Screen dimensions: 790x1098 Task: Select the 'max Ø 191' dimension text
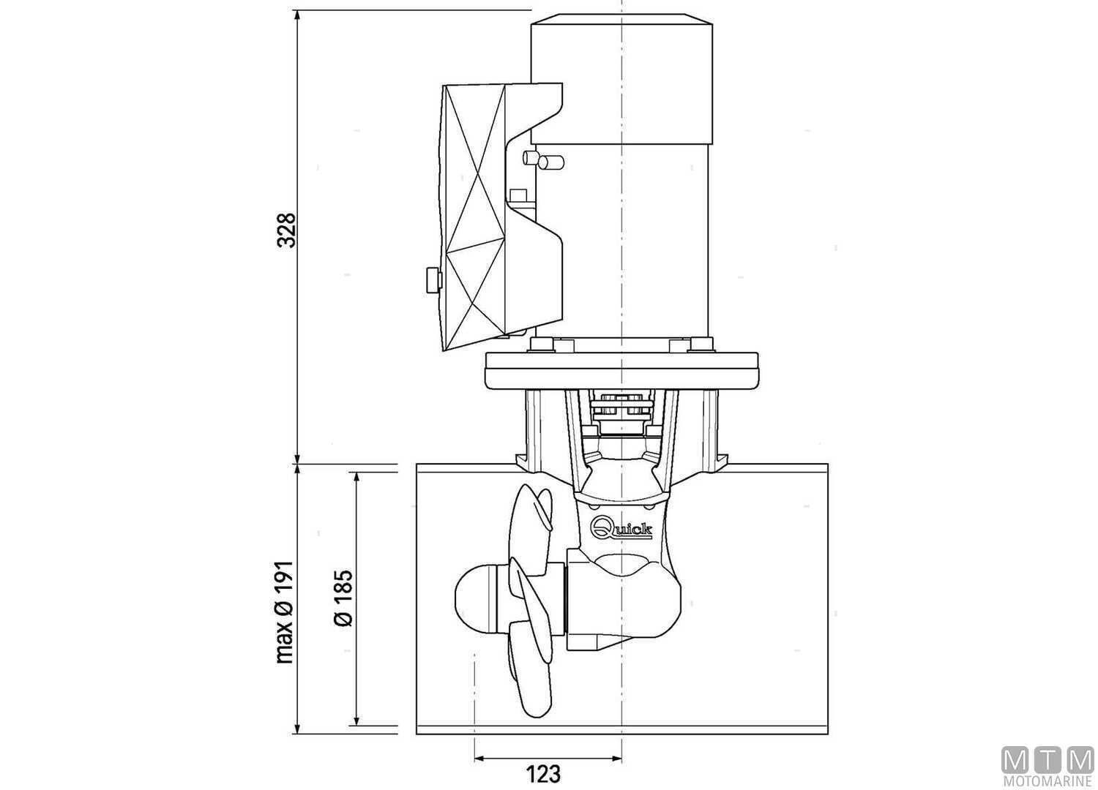tap(285, 612)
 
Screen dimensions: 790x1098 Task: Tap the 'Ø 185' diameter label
tap(343, 598)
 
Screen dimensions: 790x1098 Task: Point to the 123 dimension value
tap(543, 773)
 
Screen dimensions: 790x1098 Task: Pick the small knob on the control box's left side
tap(432, 279)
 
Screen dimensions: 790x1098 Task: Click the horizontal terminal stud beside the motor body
tap(550, 162)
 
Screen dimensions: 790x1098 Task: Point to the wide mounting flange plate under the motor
tap(621, 369)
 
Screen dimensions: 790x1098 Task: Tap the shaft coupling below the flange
tap(621, 414)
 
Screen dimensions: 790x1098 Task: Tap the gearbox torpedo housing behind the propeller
tap(630, 600)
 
